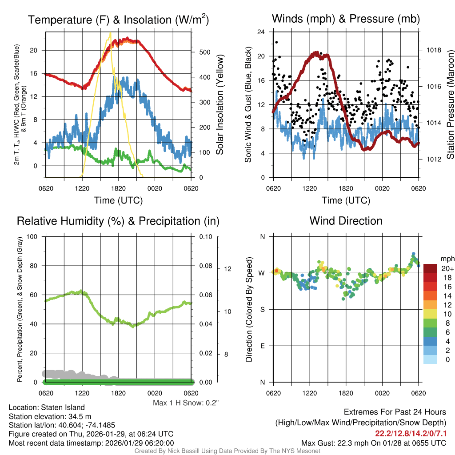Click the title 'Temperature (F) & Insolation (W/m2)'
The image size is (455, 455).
coord(118,20)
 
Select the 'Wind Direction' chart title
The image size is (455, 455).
coord(346,221)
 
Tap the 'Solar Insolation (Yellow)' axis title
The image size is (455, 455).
coord(220,105)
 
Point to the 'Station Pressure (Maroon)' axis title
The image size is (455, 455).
coord(450,105)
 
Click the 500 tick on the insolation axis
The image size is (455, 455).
coord(204,52)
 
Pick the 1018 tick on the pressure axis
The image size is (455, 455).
coord(433,50)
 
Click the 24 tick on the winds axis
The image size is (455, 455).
coord(261,32)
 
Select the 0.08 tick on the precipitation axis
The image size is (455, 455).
coord(205,266)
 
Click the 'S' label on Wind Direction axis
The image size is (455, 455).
coord(262,309)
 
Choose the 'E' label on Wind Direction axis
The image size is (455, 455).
coord(262,346)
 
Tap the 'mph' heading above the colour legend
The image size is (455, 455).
coord(446,259)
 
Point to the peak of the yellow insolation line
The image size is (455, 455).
coord(110,33)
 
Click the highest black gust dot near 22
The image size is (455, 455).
coord(276,42)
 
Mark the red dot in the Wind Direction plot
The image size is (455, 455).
coord(276,270)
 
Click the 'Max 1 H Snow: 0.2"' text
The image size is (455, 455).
coord(186,403)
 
